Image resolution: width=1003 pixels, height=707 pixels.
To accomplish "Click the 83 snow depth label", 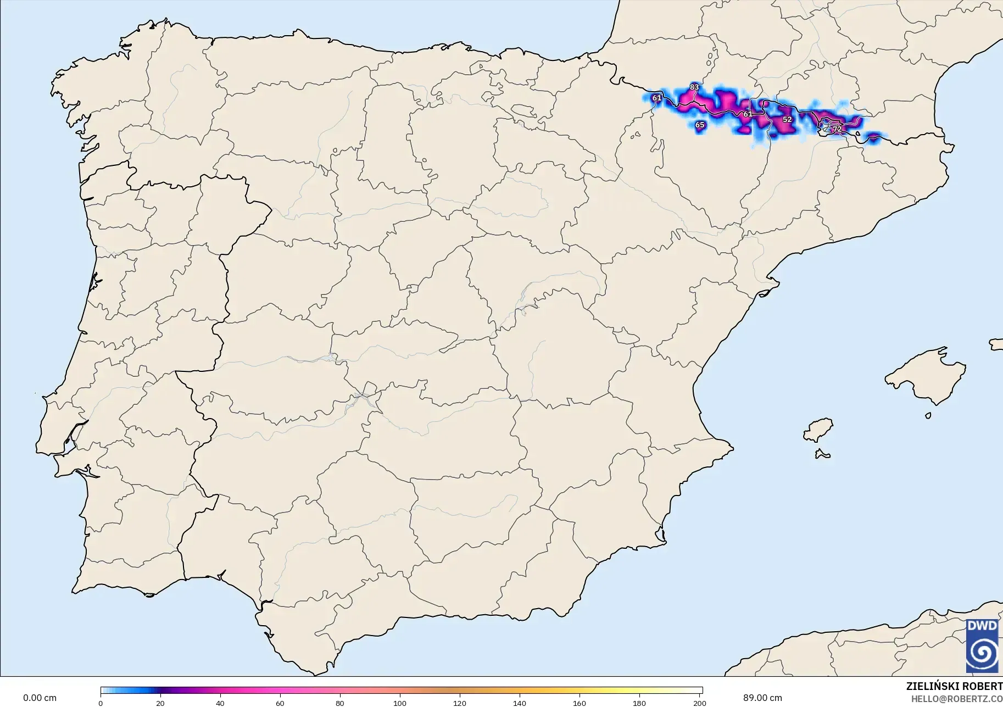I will [x=694, y=87].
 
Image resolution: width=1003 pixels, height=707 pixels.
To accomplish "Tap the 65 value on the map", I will [x=699, y=125].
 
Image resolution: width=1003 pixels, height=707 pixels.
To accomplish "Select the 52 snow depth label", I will [x=787, y=120].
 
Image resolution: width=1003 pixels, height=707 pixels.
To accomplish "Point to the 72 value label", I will [x=837, y=130].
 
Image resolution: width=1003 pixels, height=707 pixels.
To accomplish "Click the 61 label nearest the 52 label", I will [x=748, y=114].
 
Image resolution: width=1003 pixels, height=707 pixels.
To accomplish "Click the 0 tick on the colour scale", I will [x=101, y=703].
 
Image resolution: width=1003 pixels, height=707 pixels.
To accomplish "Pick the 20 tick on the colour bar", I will [x=160, y=703].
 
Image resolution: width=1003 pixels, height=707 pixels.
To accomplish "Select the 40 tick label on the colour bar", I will [x=220, y=703].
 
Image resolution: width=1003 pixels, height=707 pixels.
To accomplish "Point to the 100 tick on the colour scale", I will [x=400, y=703].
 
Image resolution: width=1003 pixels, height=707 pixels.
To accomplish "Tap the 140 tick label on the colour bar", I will [x=520, y=703].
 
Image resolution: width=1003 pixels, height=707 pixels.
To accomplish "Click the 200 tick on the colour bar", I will [x=699, y=703].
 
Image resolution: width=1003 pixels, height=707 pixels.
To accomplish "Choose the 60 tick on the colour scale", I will [x=280, y=703].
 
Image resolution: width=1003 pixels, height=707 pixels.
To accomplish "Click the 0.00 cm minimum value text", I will [x=40, y=698].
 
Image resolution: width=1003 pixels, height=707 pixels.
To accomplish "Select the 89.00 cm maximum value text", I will [x=762, y=698].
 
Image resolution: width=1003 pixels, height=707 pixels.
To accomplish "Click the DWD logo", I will [x=982, y=645].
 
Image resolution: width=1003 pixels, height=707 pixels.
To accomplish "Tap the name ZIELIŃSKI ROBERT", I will [x=954, y=687].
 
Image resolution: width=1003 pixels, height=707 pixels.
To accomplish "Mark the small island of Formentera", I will [x=822, y=454].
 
